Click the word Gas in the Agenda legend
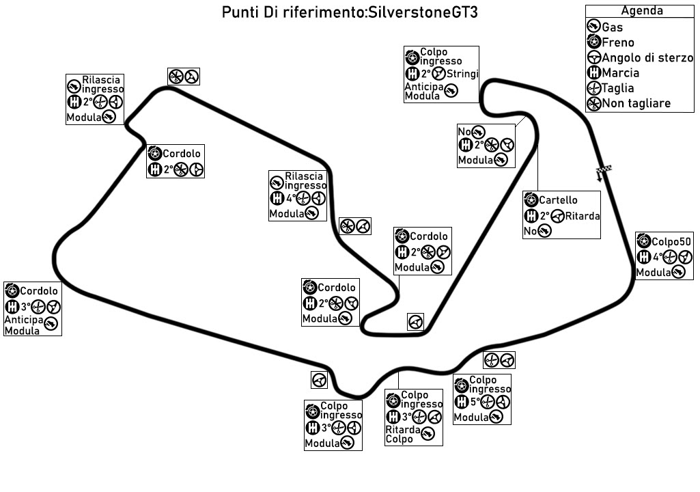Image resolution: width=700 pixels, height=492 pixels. pyautogui.click(x=613, y=27)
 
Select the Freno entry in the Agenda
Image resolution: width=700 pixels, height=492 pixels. pyautogui.click(x=618, y=42)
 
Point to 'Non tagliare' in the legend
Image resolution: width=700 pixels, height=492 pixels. pyautogui.click(x=636, y=104)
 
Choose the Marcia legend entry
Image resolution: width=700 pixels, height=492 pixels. pyautogui.click(x=621, y=73)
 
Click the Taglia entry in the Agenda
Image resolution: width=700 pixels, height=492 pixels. pyautogui.click(x=618, y=88)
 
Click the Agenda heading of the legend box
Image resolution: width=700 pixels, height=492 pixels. pyautogui.click(x=642, y=11)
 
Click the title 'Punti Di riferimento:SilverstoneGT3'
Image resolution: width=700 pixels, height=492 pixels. pyautogui.click(x=350, y=13)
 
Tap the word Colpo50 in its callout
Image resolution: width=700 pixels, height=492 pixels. pyautogui.click(x=671, y=241)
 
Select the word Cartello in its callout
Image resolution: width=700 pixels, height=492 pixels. pyautogui.click(x=558, y=200)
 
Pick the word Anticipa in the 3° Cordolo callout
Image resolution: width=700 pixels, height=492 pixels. pyautogui.click(x=23, y=320)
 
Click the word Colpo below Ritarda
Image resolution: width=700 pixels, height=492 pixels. pyautogui.click(x=399, y=439)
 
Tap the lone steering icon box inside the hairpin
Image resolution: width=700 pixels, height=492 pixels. pyautogui.click(x=415, y=321)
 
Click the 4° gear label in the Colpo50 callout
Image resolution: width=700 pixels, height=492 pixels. pyautogui.click(x=657, y=258)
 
